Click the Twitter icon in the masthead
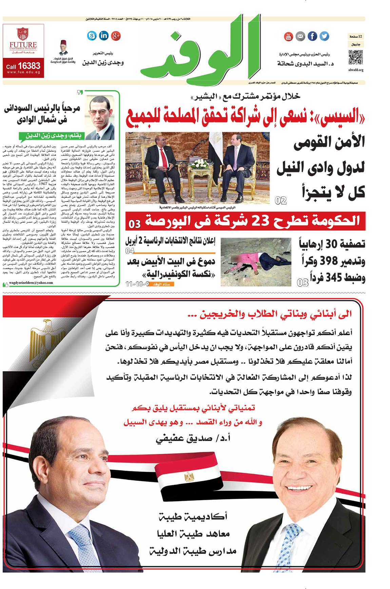pyautogui.click(x=324, y=36)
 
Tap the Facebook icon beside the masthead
pyautogui.click(x=312, y=36)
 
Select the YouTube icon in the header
pyautogui.click(x=288, y=36)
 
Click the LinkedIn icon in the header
pyautogui.click(x=104, y=35)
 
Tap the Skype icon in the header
pyautogui.click(x=92, y=35)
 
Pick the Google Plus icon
pyautogui.click(x=116, y=35)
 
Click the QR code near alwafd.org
pyautogui.click(x=355, y=57)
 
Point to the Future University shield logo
pyautogui.click(x=23, y=34)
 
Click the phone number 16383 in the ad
pyautogui.click(x=29, y=66)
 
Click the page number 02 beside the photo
pyautogui.click(x=281, y=201)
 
